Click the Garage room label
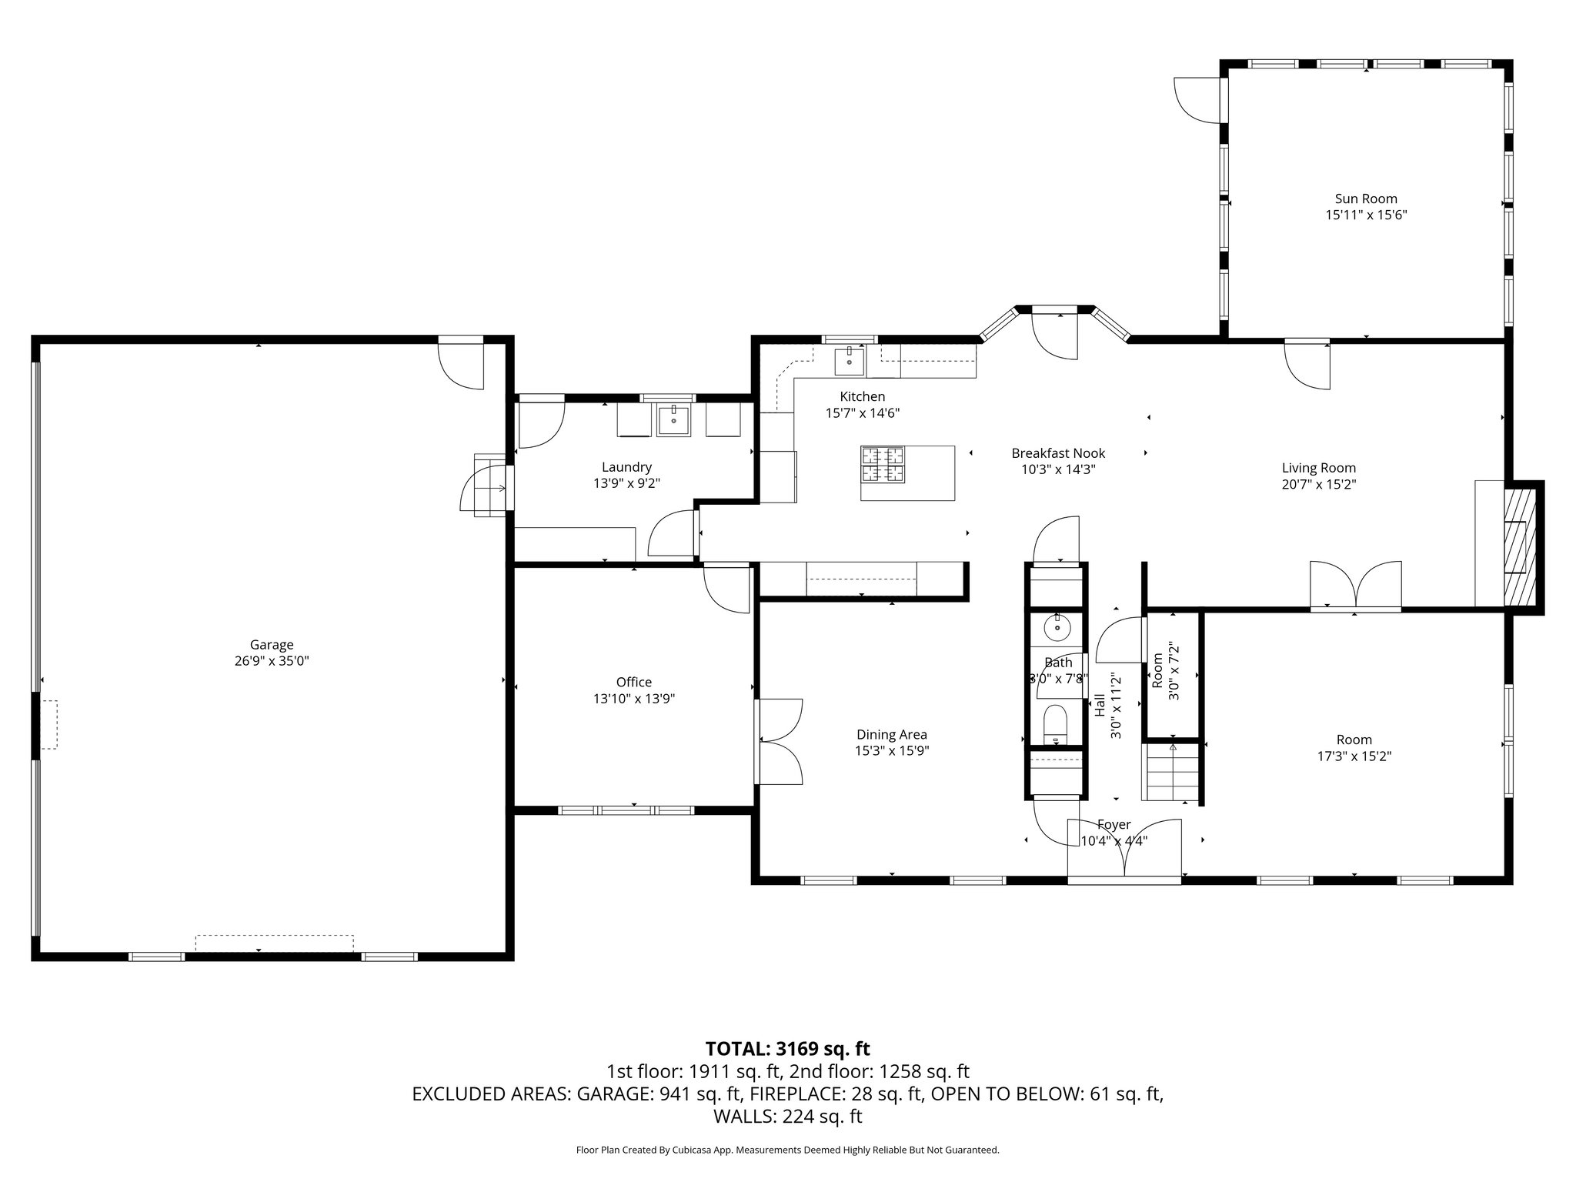[272, 645]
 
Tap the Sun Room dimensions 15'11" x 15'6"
[1366, 215]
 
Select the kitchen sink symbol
[850, 361]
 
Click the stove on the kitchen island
[883, 465]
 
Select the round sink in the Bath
[1057, 628]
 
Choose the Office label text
[634, 682]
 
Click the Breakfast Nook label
[1058, 453]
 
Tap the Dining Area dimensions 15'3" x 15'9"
[892, 751]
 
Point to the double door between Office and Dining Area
[779, 741]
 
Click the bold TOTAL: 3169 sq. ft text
[787, 1048]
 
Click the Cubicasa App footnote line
[787, 1150]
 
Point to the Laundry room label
[626, 466]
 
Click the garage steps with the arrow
[490, 486]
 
